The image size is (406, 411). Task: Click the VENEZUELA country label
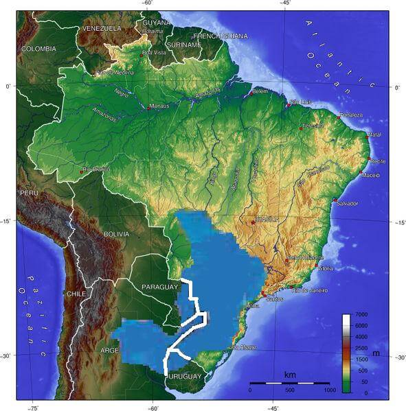pos(101,28)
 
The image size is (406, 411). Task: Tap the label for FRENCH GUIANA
pos(221,36)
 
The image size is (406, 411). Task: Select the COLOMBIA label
pos(38,49)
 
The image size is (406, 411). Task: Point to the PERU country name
pos(29,193)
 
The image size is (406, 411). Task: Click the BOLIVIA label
pos(116,234)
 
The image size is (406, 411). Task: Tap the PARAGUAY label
pos(159,285)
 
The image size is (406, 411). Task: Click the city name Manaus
pos(159,106)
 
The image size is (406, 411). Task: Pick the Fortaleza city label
pos(350,115)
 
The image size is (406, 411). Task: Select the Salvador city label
pos(348,203)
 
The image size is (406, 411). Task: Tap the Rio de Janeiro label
pos(310,290)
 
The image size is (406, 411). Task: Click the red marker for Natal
pos(368,135)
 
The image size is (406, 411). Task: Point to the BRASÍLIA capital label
pos(267,219)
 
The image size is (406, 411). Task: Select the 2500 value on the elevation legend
pos(361,349)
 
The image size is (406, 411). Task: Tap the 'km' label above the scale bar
pos(289,375)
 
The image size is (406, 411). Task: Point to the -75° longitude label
pos(32,408)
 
